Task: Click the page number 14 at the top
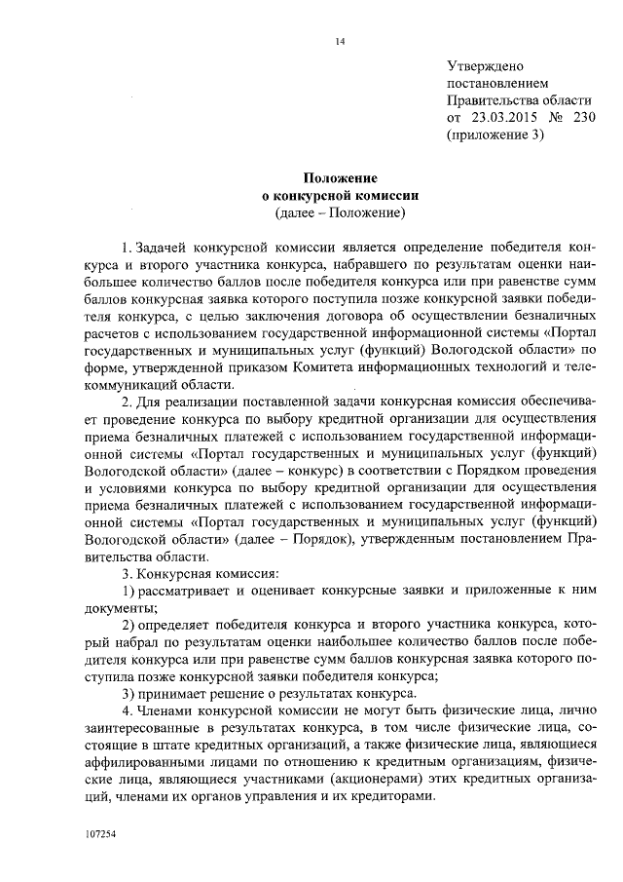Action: coord(340,42)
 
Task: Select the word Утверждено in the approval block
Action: coord(485,66)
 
